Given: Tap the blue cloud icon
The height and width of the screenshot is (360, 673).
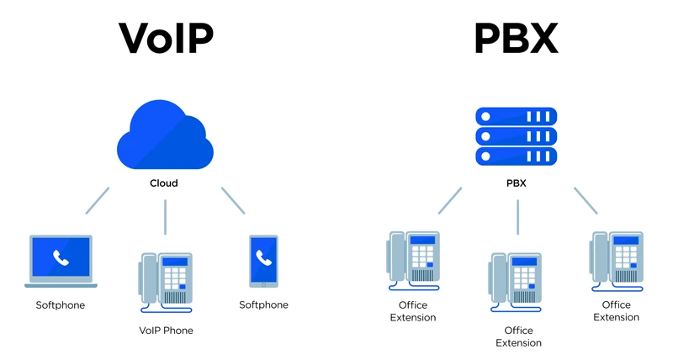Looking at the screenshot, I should [x=165, y=136].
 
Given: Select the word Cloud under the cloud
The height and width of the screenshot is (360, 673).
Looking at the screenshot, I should [x=164, y=183].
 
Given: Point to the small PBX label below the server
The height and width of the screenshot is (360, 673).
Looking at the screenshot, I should [x=517, y=183].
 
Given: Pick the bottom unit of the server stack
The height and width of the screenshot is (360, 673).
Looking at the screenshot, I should [x=517, y=156].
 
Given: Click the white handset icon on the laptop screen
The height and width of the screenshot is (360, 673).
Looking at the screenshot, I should [x=61, y=258].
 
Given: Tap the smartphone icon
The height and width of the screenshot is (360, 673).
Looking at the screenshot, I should [x=264, y=261].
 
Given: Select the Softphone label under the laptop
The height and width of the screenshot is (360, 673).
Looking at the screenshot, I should [x=61, y=305].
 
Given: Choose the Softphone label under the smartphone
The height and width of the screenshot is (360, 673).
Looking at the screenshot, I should [x=263, y=305].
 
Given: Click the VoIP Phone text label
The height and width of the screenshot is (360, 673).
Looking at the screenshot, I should [x=166, y=331].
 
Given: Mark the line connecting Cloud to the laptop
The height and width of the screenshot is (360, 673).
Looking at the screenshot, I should [x=97, y=200].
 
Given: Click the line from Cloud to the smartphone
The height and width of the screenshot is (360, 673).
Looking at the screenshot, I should [x=233, y=200].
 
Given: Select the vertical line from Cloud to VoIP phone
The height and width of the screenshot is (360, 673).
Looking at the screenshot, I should [x=165, y=216].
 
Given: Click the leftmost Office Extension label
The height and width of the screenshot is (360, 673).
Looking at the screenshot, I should [x=412, y=311].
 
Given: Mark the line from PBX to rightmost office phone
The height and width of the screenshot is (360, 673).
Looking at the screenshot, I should [x=586, y=200].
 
